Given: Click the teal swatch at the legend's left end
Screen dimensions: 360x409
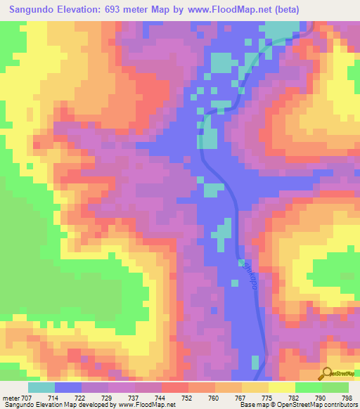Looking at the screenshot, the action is [x=41, y=387].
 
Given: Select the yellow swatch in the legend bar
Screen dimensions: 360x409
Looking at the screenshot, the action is [x=281, y=387].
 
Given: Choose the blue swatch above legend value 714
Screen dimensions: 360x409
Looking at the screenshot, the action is [x=68, y=387].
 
